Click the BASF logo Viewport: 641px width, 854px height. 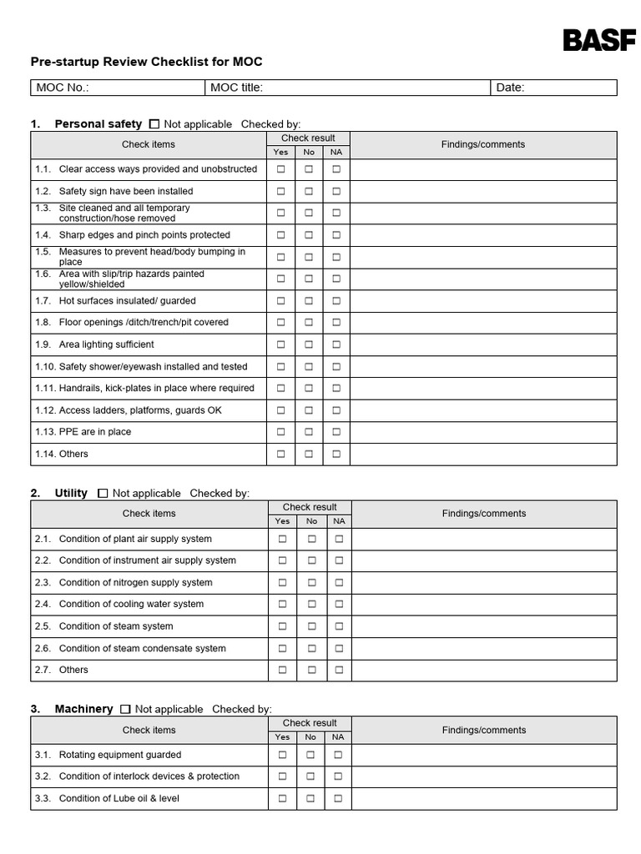coord(598,40)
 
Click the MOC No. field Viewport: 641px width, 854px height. coord(118,88)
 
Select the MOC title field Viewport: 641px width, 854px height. coord(347,88)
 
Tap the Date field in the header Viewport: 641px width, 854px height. coord(553,88)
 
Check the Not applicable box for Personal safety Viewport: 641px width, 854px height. coord(154,124)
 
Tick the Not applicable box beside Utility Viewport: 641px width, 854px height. coord(103,494)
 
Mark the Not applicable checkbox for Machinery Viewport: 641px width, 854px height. coord(125,709)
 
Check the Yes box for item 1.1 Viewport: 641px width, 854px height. coord(281,168)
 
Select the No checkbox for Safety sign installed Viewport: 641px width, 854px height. coord(309,191)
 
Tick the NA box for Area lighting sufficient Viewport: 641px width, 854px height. coord(336,344)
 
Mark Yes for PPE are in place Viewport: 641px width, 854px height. coord(281,432)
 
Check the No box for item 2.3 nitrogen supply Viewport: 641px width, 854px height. coord(310,582)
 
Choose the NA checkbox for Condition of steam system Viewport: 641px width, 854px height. coord(338,626)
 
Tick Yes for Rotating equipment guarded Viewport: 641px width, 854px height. coord(282,755)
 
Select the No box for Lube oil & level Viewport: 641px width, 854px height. coord(310,798)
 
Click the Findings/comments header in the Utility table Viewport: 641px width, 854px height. coord(484,514)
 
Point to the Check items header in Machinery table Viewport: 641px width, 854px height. coord(149,730)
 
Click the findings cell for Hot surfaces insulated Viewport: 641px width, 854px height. coord(483,300)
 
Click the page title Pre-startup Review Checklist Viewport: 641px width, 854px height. coord(146,62)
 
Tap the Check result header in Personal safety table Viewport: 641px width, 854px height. coord(308,138)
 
